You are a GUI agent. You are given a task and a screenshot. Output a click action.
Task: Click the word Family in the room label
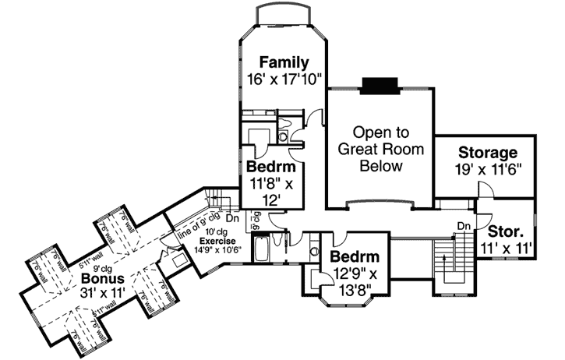pos(284,62)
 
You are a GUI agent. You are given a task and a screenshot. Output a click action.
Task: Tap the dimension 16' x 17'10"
pos(284,78)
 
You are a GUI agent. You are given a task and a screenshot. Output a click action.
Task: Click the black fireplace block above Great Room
pos(380,83)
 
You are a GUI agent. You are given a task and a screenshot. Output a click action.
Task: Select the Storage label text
pos(488,152)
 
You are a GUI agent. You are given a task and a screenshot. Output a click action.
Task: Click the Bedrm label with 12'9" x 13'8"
pos(353,257)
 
